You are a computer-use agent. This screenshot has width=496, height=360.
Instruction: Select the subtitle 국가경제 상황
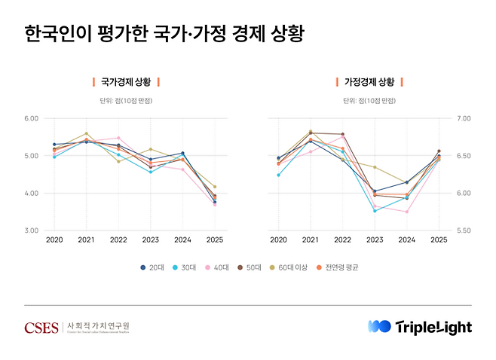126,81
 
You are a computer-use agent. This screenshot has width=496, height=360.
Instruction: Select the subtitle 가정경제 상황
369,81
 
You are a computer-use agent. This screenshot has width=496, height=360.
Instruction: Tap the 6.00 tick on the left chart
31,119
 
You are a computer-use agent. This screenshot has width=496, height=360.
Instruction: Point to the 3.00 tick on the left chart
31,231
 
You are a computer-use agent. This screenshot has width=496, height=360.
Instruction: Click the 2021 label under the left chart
86,240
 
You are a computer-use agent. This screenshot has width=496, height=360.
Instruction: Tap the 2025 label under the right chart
438,240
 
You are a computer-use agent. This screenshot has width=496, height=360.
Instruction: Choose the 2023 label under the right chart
375,240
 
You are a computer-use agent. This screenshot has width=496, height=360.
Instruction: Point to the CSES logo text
41,327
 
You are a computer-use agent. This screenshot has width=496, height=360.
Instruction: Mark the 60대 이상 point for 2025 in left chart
214,187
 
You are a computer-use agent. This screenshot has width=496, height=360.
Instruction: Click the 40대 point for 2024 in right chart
406,212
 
